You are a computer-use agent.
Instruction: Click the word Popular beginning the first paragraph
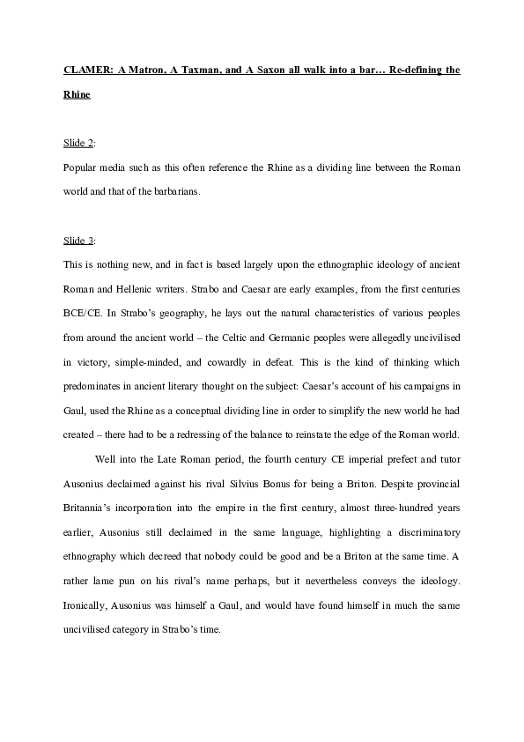tap(84, 167)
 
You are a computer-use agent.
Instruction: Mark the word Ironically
tap(92, 607)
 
